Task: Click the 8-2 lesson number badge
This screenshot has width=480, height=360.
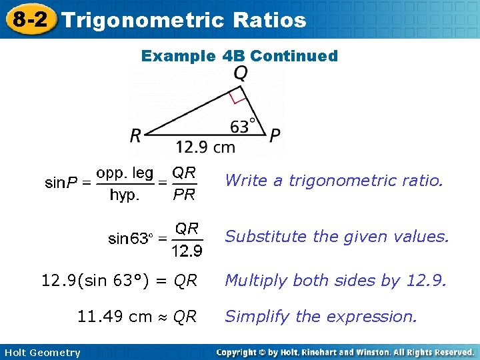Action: pos(29,19)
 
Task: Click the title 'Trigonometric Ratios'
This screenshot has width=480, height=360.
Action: pos(184,20)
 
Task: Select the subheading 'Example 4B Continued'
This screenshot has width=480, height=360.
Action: pos(239,56)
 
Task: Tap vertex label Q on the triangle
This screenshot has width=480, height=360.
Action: pos(241,73)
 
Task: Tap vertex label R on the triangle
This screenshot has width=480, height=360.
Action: pos(136,136)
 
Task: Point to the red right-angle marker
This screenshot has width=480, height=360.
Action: pos(237,97)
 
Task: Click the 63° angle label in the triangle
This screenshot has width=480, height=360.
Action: pos(244,125)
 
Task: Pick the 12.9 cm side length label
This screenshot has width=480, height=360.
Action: pos(206,146)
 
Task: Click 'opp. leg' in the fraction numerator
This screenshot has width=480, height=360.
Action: pos(125,173)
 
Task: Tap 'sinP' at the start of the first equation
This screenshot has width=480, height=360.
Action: pos(62,183)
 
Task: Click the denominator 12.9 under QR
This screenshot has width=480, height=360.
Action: pos(187,251)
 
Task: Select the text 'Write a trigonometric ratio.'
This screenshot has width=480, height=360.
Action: pos(333,180)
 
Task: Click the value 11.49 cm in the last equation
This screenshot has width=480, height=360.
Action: pos(115,317)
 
